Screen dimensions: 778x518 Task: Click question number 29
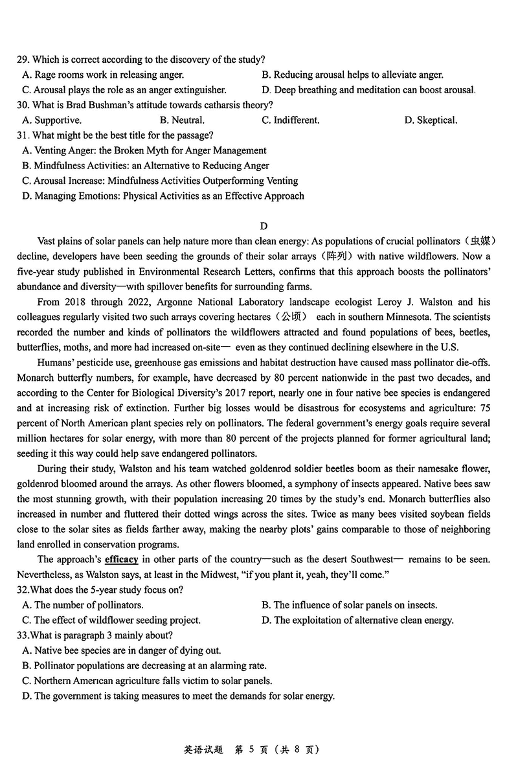coord(23,60)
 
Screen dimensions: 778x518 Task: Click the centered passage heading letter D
coord(264,226)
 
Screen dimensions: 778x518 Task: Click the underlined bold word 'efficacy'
coord(121,560)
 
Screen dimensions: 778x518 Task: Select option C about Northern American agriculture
coord(152,681)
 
